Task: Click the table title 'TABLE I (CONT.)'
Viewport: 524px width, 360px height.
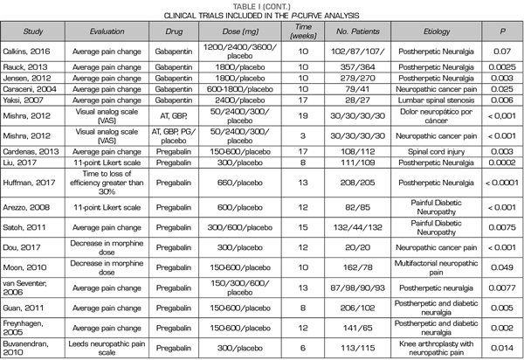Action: [262, 5]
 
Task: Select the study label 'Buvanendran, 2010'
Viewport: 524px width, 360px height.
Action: [37, 347]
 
